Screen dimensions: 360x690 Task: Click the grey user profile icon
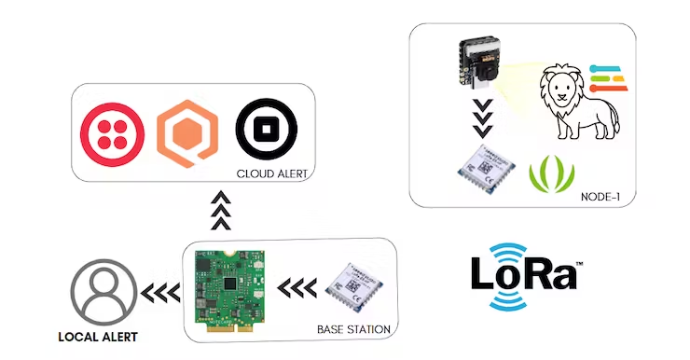tap(99, 290)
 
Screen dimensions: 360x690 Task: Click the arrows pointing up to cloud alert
tap(220, 211)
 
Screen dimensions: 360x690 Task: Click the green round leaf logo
tap(551, 172)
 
